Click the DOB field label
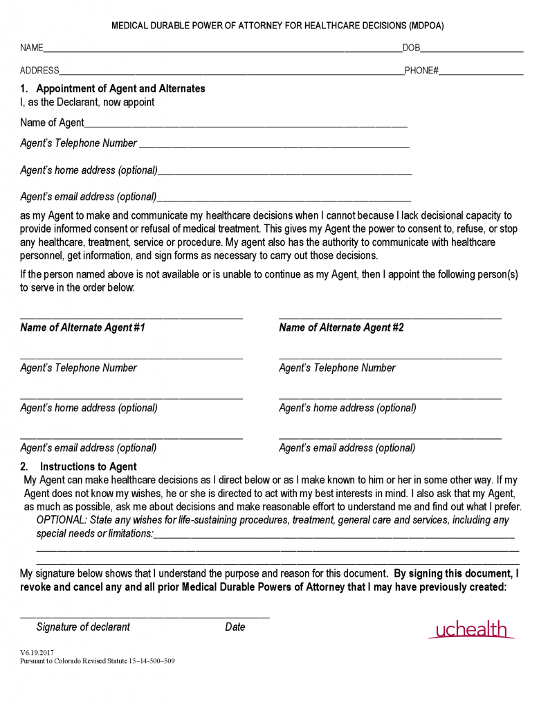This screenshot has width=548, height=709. (411, 48)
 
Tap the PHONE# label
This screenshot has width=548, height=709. (421, 71)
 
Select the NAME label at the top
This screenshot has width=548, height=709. (32, 48)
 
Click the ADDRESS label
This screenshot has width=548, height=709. (39, 71)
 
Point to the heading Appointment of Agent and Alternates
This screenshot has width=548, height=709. (120, 89)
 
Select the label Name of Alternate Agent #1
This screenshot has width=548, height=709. (82, 327)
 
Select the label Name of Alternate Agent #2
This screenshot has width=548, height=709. (341, 327)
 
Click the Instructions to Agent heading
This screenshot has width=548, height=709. (88, 467)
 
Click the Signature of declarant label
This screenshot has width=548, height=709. (83, 627)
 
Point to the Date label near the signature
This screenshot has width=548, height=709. (235, 627)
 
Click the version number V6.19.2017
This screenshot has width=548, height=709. (37, 652)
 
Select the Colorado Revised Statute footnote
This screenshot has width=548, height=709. (97, 661)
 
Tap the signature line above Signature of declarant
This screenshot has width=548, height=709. (145, 616)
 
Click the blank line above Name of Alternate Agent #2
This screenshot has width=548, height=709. (390, 317)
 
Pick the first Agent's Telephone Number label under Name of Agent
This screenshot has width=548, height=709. (78, 143)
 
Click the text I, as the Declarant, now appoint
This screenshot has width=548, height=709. (87, 102)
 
